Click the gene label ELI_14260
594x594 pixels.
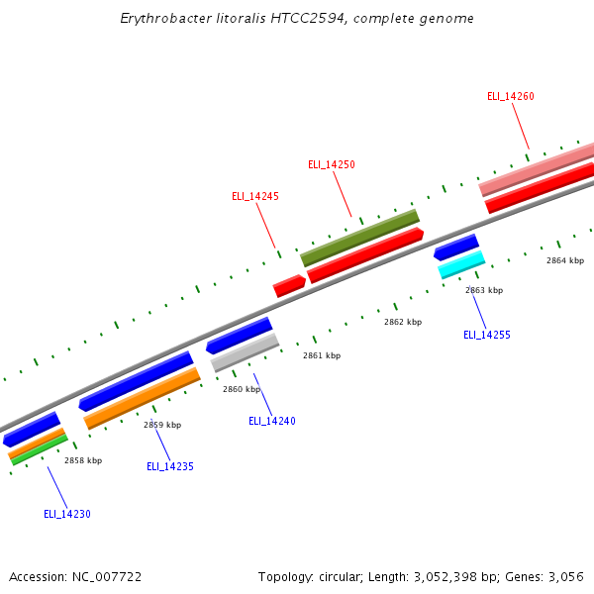pos(511,96)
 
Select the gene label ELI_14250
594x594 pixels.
pos(331,164)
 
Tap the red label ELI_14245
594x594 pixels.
pos(255,196)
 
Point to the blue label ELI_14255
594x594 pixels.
pos(487,335)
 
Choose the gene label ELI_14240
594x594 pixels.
pos(272,421)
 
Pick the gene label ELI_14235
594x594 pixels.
pos(170,466)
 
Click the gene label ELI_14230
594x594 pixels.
pos(67,514)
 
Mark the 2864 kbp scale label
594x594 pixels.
pos(565,260)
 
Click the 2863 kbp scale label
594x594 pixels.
pos(484,290)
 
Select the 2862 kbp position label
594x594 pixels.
pos(403,322)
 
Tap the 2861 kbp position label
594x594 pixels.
pos(322,355)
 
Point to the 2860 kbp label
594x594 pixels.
pos(242,389)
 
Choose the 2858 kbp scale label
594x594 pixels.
pos(83,460)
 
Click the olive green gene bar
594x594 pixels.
pos(359,237)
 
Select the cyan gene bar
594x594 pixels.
pos(461,263)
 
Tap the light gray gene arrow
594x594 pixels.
pos(245,351)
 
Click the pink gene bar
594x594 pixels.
pos(536,169)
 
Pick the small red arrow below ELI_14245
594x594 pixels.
pos(289,286)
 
